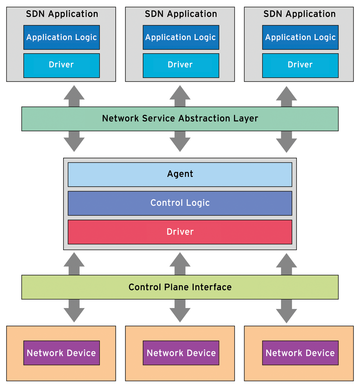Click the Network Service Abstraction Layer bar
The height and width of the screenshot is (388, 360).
tap(180, 118)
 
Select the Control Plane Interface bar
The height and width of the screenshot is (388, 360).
tap(180, 287)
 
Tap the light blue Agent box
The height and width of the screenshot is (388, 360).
tap(180, 173)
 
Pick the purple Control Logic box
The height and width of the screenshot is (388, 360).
tap(180, 203)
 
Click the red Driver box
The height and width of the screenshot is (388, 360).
tap(180, 232)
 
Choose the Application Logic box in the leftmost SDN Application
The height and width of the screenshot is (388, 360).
tap(60, 37)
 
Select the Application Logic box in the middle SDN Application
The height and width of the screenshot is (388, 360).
tap(180, 37)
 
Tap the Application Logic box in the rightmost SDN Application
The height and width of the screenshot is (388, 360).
tap(300, 37)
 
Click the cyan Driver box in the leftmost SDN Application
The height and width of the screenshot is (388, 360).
tap(60, 64)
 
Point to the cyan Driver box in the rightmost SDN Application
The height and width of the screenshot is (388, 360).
tap(300, 64)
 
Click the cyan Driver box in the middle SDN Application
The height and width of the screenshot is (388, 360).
tap(180, 64)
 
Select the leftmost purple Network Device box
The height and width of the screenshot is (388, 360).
tap(60, 353)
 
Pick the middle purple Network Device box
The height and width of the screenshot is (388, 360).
tap(180, 353)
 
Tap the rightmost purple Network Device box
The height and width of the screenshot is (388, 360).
tap(300, 353)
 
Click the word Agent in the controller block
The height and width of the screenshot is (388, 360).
tap(180, 173)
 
